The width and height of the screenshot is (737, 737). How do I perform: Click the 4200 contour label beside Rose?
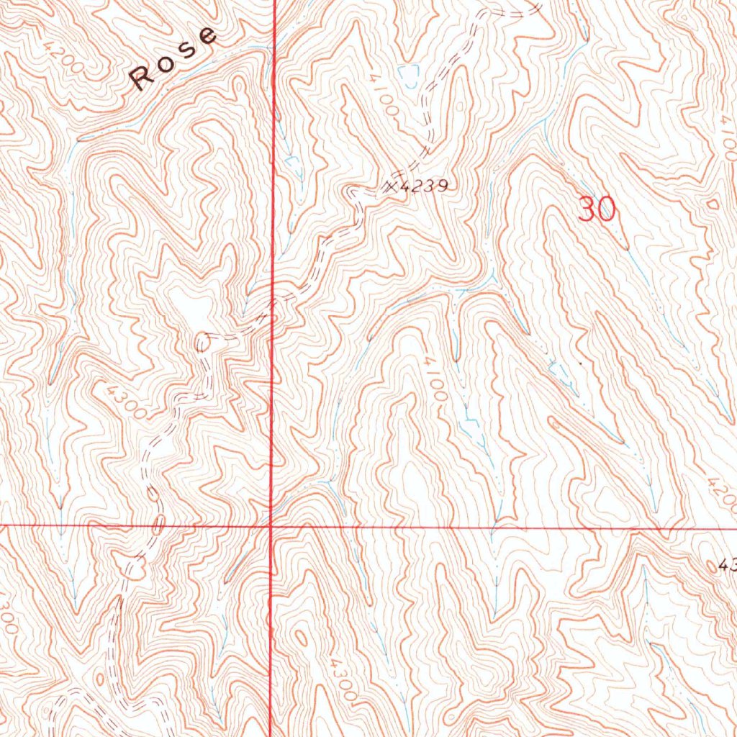click(62, 58)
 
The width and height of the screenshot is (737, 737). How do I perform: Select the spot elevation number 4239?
click(425, 186)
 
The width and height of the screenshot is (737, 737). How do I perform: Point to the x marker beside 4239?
click(392, 186)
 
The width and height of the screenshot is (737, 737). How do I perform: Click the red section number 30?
click(597, 209)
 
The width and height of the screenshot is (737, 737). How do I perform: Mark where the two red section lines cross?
click(271, 526)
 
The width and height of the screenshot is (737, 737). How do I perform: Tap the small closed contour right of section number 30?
click(713, 204)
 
